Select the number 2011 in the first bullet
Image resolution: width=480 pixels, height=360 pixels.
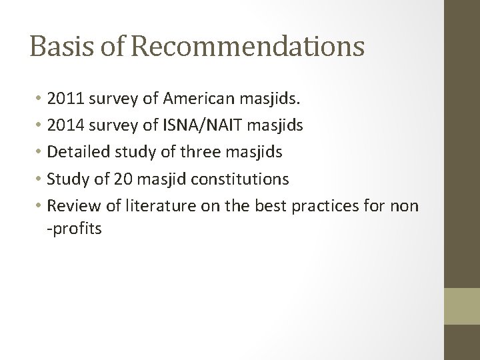click(66, 100)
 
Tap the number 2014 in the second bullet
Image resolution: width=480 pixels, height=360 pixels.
click(66, 126)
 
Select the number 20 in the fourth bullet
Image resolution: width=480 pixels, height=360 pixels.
click(109, 179)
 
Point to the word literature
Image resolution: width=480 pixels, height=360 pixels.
click(156, 205)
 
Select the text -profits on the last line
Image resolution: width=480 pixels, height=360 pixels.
click(74, 229)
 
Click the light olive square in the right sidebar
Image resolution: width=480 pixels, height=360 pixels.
click(462, 306)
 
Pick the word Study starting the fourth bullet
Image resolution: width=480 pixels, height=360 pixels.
click(68, 179)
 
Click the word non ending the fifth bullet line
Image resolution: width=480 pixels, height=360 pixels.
click(404, 205)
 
